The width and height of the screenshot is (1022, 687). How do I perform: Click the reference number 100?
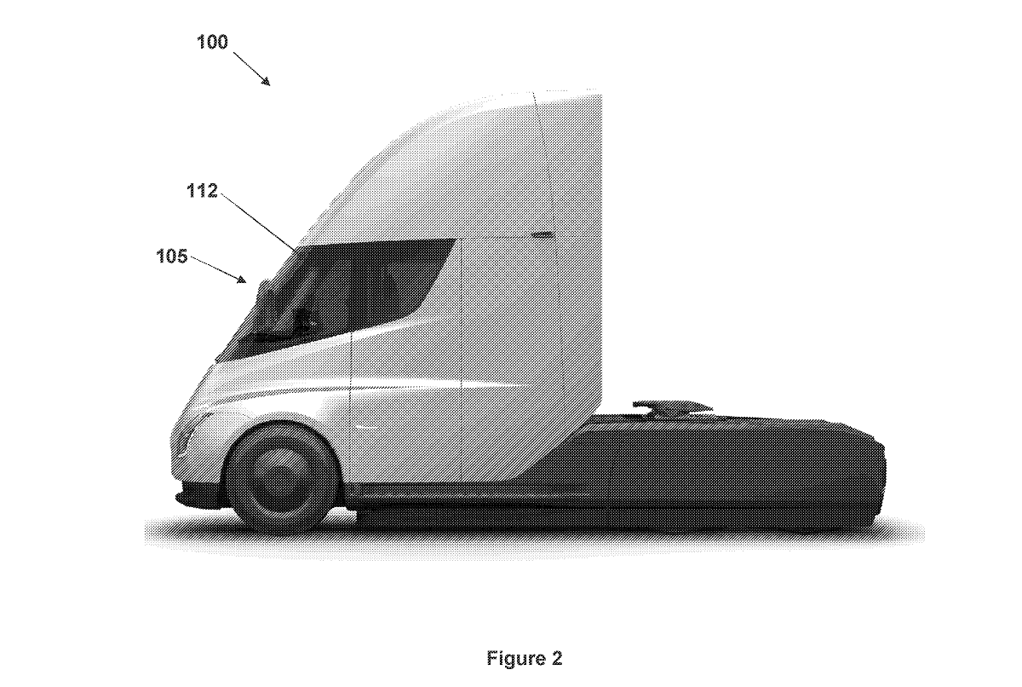tap(213, 42)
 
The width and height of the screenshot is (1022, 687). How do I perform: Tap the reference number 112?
tap(203, 191)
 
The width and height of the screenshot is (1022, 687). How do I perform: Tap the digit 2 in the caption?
tap(557, 658)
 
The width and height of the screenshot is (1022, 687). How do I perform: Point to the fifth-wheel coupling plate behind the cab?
tap(673, 406)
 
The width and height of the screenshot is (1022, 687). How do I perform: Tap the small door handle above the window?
tap(540, 233)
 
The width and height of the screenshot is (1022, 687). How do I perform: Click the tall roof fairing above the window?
tap(477, 162)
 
